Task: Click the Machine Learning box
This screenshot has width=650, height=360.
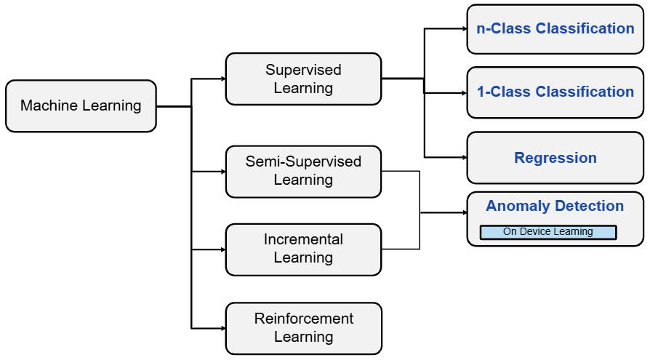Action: tap(81, 106)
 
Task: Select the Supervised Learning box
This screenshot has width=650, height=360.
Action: tap(303, 79)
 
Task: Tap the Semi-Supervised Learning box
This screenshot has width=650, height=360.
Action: tap(303, 171)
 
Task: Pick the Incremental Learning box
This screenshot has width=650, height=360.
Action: tap(303, 249)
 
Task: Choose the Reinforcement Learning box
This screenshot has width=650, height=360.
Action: tap(303, 328)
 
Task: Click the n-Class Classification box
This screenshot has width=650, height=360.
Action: tap(555, 29)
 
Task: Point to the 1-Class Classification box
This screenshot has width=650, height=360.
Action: tap(555, 92)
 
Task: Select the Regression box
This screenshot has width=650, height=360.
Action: tap(555, 158)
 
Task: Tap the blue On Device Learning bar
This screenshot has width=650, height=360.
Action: tap(548, 232)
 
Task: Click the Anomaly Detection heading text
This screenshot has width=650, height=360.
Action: tap(555, 206)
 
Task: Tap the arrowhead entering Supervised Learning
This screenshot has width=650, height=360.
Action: tap(222, 79)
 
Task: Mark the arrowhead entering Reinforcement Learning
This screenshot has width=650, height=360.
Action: tap(222, 328)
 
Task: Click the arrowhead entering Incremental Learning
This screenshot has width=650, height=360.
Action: tap(222, 249)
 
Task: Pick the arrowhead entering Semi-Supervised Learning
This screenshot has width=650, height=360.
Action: tap(222, 172)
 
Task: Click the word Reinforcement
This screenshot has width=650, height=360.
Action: tap(304, 319)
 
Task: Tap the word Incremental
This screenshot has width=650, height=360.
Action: tap(303, 239)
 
